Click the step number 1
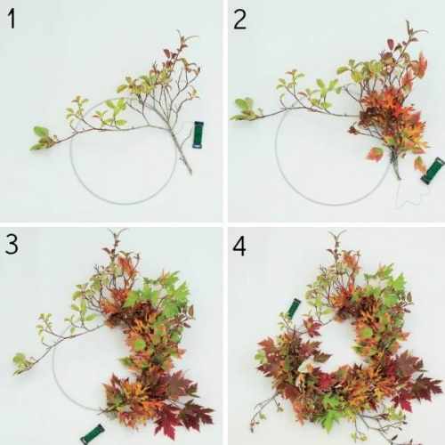[12, 19]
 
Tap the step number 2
[239, 19]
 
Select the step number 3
[12, 244]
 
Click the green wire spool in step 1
[198, 134]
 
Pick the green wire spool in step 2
[433, 171]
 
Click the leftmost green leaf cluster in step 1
[42, 139]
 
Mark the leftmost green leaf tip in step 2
[231, 117]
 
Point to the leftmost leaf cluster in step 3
[23, 363]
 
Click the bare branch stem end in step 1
[190, 173]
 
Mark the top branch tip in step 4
[336, 232]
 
